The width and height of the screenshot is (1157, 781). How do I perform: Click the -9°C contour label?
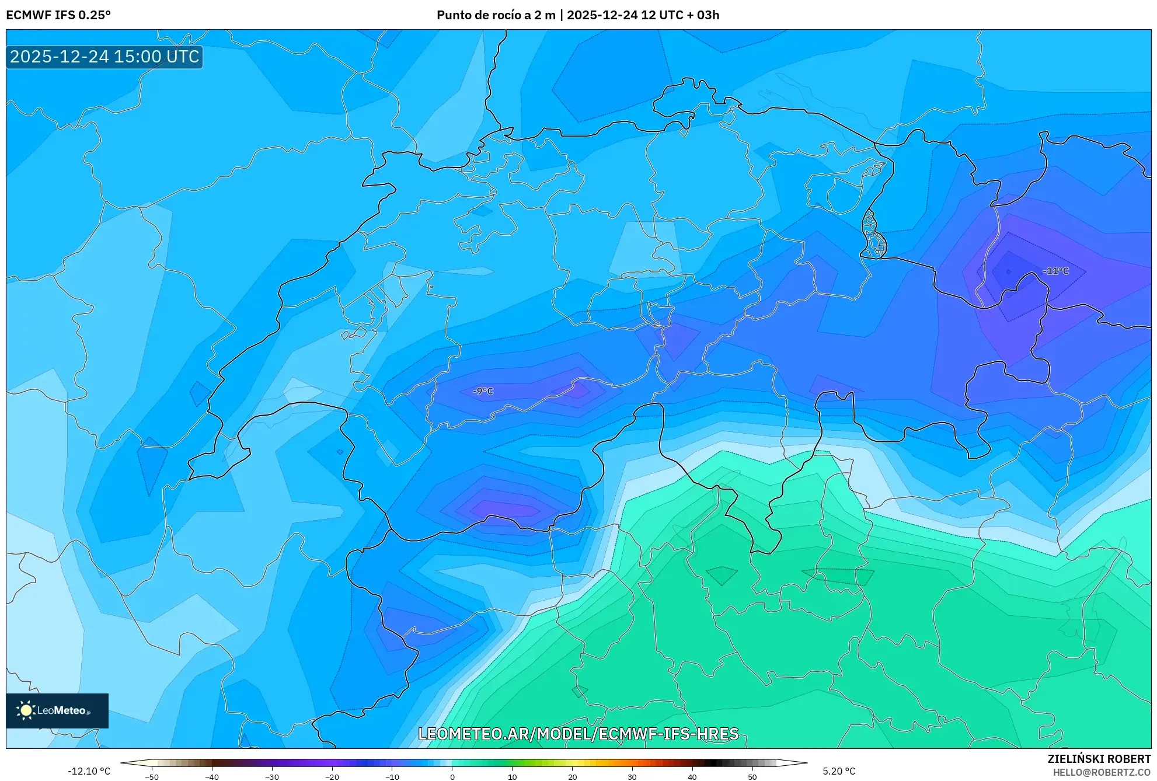pos(483,391)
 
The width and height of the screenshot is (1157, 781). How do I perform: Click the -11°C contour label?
pos(1055,271)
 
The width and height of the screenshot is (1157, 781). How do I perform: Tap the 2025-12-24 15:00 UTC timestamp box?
pos(104,57)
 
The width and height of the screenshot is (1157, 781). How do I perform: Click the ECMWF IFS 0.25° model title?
pos(58,15)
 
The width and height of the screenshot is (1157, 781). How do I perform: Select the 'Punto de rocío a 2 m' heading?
pos(496,15)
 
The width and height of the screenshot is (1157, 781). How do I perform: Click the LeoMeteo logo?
pos(57,710)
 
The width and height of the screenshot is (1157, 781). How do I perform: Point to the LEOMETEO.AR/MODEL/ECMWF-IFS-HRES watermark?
pos(578,734)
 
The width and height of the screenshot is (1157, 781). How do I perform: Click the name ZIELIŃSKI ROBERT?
pos(1099,759)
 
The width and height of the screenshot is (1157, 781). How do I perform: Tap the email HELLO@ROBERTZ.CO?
pos(1102,772)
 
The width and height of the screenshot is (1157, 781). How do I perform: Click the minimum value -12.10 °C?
pos(89,771)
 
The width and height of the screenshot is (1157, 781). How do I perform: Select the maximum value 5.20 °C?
pos(839,771)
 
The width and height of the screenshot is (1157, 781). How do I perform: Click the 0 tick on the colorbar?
pos(452,777)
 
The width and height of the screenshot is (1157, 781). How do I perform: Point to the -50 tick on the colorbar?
pos(152,777)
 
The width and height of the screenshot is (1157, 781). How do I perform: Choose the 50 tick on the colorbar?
pos(752,777)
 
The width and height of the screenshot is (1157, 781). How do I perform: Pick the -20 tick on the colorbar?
pos(332,777)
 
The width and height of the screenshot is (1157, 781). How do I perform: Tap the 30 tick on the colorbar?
pos(632,777)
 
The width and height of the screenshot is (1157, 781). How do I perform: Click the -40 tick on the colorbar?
pos(212,777)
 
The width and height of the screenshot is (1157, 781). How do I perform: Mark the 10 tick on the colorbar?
pos(512,777)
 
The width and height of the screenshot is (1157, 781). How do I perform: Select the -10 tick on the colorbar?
pos(392,777)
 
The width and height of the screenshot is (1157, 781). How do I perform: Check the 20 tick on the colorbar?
pos(572,777)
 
